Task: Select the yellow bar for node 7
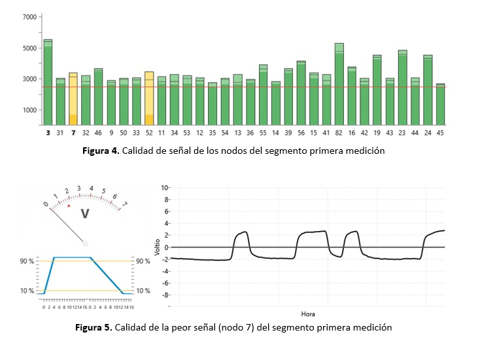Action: point(73,98)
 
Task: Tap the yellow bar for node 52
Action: point(149,98)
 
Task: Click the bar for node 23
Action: point(402,88)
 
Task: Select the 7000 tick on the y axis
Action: point(29,16)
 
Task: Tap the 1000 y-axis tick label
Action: point(29,110)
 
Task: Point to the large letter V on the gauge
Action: point(84,214)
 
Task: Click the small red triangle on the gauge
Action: point(69,206)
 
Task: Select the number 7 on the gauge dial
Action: point(126,203)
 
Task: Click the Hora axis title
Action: point(308,314)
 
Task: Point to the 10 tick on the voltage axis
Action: point(166,187)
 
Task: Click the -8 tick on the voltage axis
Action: point(166,295)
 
